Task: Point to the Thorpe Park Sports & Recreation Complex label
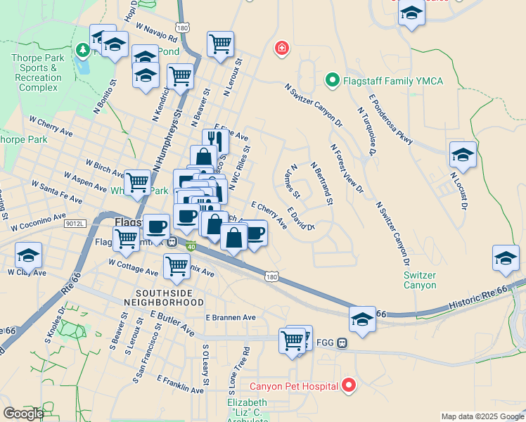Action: point(39,72)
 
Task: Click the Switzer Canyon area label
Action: point(421,280)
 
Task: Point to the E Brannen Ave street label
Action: point(231,318)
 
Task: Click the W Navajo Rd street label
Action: point(157,33)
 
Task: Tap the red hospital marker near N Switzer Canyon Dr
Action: point(281,48)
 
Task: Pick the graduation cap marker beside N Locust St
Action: point(463,154)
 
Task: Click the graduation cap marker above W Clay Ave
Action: point(28,255)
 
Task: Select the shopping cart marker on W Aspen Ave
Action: point(136,182)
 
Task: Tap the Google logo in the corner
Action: point(23,413)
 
